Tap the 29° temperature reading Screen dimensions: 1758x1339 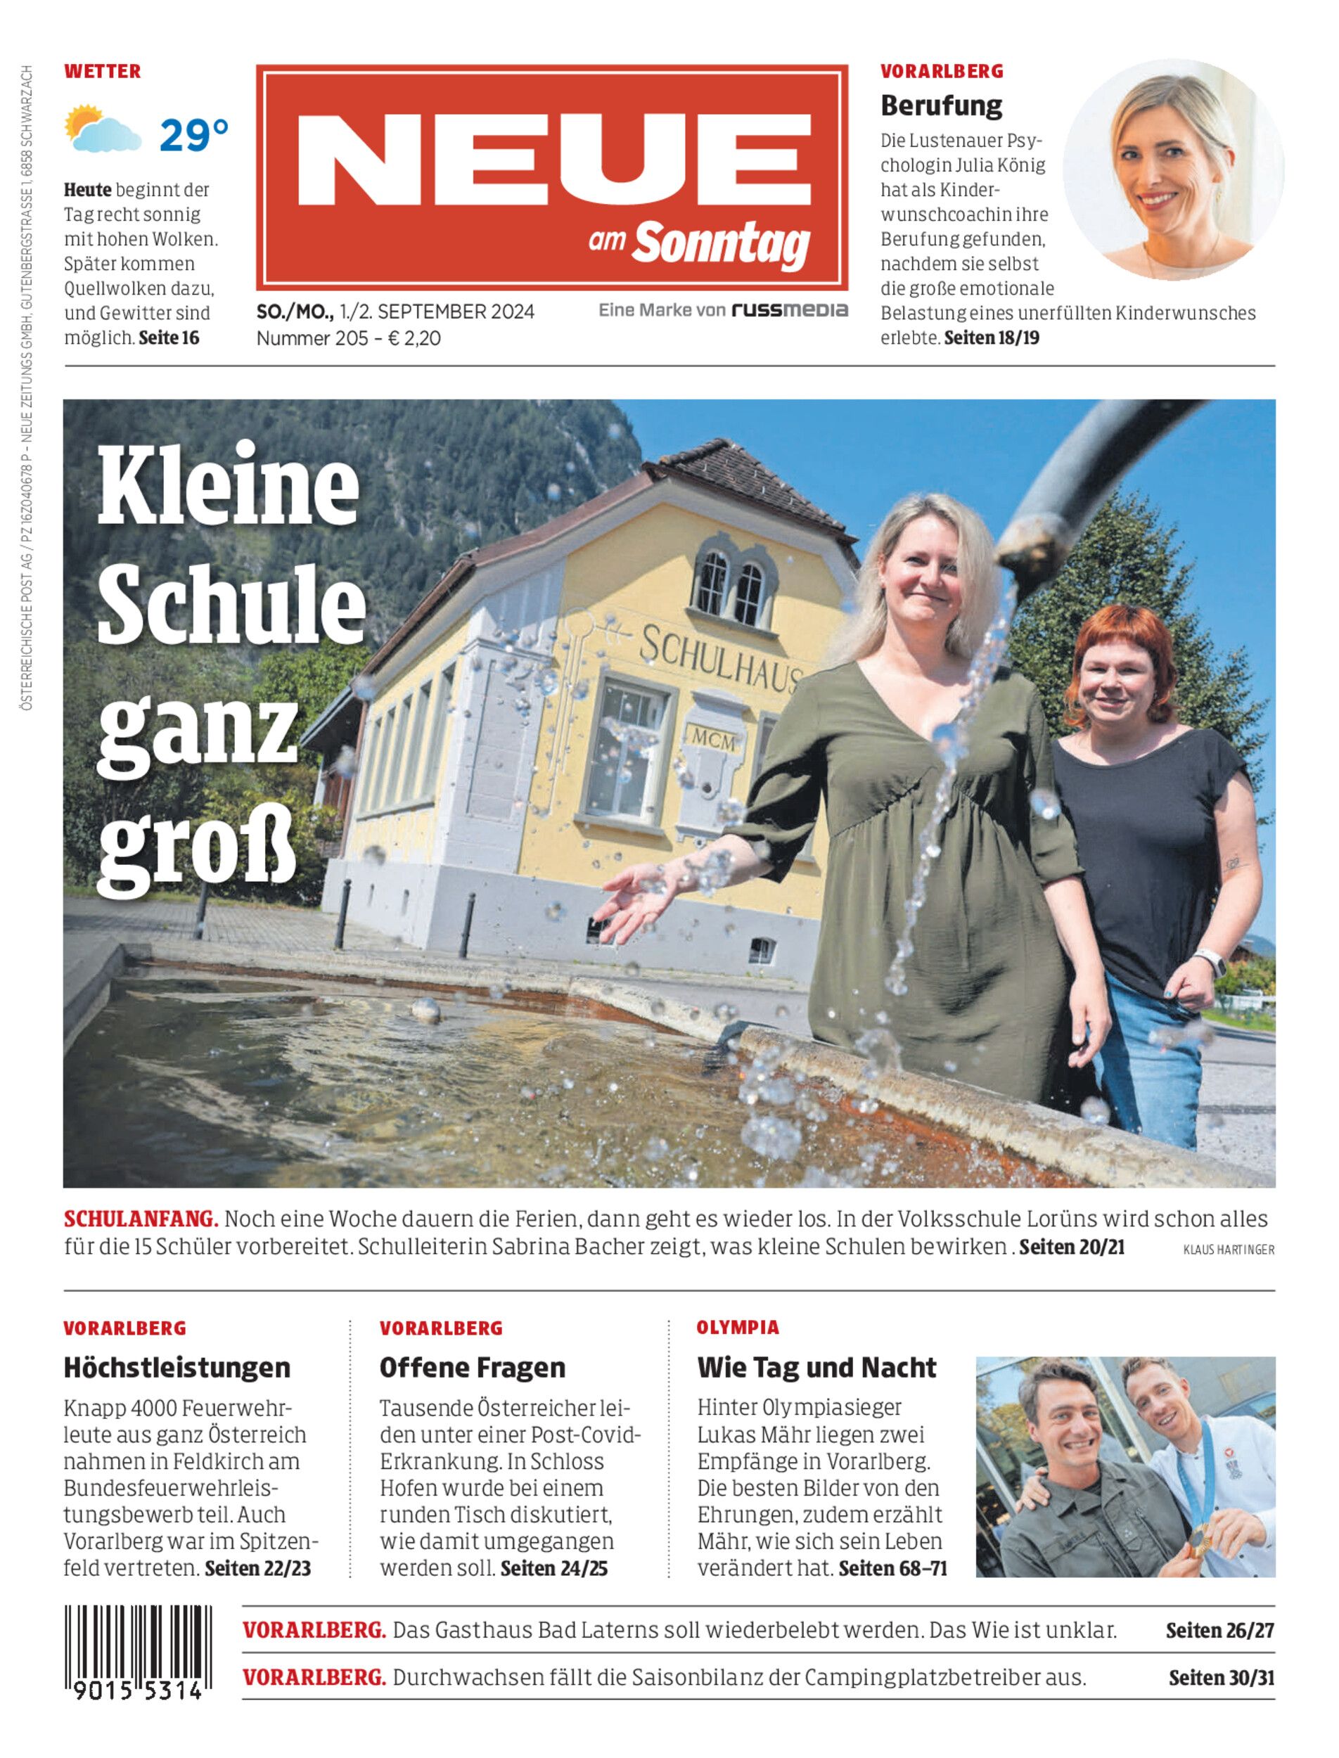pyautogui.click(x=193, y=136)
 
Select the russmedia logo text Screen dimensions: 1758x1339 pyautogui.click(x=790, y=310)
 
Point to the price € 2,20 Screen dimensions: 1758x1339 pyautogui.click(x=414, y=339)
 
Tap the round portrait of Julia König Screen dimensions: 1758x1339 pyautogui.click(x=1173, y=169)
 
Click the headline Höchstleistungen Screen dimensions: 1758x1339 pyautogui.click(x=177, y=1368)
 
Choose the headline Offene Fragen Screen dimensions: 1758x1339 pyautogui.click(x=472, y=1368)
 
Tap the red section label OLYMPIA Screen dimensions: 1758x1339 pyautogui.click(x=737, y=1328)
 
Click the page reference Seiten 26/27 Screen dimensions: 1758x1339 pyautogui.click(x=1219, y=1631)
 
